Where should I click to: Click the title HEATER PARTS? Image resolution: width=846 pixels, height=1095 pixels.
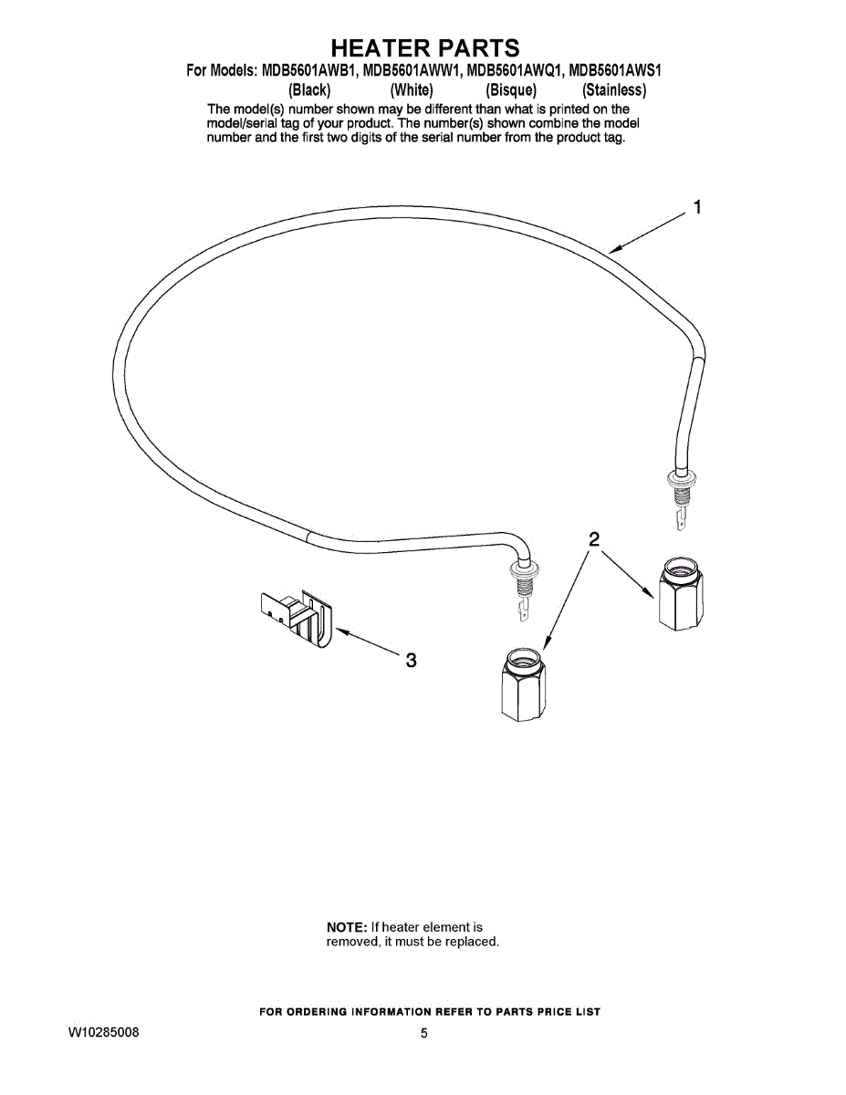click(x=424, y=47)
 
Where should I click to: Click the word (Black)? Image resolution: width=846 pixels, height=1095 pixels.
click(x=308, y=90)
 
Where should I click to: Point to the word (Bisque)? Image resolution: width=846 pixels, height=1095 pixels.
click(x=511, y=90)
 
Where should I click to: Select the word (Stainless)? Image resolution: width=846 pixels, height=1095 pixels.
click(x=614, y=90)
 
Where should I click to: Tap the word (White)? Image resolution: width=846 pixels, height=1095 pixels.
click(x=411, y=90)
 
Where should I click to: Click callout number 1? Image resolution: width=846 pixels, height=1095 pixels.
click(x=697, y=207)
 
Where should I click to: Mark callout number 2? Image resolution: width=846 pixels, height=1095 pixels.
click(x=593, y=539)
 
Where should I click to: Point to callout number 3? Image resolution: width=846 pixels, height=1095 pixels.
click(x=411, y=660)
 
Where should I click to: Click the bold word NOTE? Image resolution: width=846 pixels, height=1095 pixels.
click(x=347, y=927)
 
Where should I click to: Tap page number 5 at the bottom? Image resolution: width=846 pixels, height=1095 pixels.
click(x=424, y=1034)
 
